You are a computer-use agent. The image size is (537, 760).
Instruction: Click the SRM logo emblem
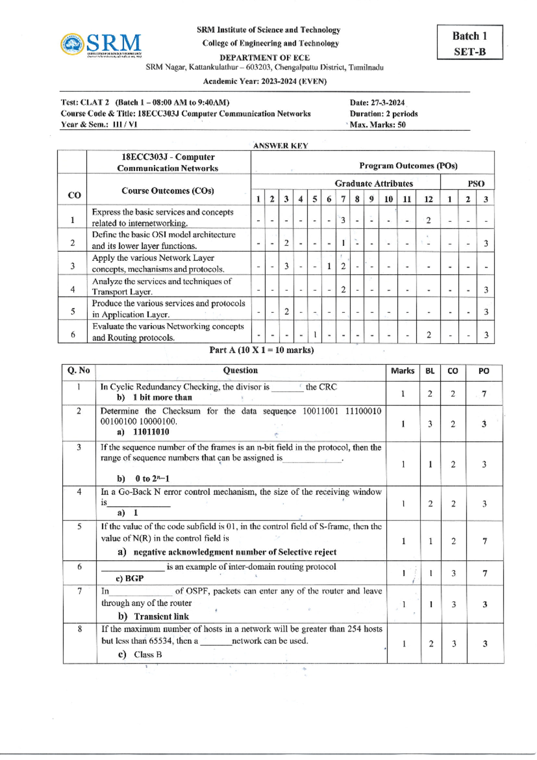click(72, 44)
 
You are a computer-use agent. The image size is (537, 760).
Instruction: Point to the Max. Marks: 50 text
click(378, 125)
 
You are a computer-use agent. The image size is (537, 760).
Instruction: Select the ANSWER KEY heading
click(280, 146)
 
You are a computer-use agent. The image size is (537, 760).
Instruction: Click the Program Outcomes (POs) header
click(408, 166)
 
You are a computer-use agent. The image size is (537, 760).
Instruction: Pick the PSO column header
click(476, 183)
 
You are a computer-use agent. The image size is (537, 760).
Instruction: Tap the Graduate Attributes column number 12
click(428, 199)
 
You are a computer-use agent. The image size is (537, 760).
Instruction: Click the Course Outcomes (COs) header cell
click(168, 190)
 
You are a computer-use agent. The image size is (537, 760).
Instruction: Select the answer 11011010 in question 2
click(151, 432)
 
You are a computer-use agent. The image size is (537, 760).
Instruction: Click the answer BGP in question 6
click(134, 579)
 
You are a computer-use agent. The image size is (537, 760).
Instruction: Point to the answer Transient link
click(161, 616)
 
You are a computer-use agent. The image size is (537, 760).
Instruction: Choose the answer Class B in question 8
click(148, 654)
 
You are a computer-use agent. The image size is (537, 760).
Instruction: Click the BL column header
click(430, 371)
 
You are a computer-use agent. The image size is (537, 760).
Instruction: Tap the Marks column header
click(402, 371)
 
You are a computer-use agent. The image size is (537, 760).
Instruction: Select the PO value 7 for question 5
click(484, 541)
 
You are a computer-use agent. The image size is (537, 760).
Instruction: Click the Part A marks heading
click(261, 350)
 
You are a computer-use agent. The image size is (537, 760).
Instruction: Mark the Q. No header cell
click(79, 371)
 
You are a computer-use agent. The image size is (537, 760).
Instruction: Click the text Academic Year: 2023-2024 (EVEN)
click(264, 82)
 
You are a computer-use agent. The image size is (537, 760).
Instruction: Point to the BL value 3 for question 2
click(430, 424)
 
